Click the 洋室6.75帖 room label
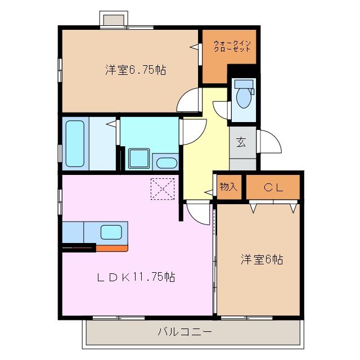pyautogui.click(x=135, y=70)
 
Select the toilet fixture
pyautogui.click(x=244, y=97)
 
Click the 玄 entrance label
pyautogui.click(x=241, y=142)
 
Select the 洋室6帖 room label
pyautogui.click(x=262, y=259)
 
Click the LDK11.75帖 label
pyautogui.click(x=136, y=277)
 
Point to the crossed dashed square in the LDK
pyautogui.click(x=163, y=188)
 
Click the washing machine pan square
pyautogui.click(x=138, y=158)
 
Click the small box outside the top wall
pyautogui.click(x=113, y=19)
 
